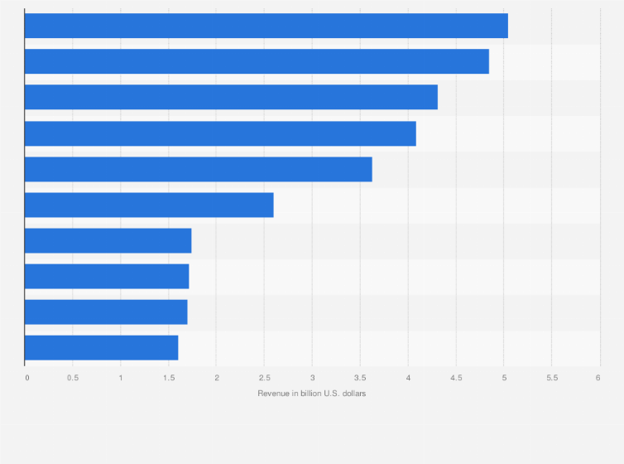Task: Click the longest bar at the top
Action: pos(266,26)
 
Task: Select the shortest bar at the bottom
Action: pos(101,348)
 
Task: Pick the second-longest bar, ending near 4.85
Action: pos(257,61)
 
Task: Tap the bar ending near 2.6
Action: pos(149,205)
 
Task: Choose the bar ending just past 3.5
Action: pos(198,169)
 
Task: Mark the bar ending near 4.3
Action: pos(231,97)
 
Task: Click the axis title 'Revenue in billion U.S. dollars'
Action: pos(312,393)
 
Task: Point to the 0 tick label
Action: pos(27,378)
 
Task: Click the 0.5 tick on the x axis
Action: pos(73,378)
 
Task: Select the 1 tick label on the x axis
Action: pos(121,378)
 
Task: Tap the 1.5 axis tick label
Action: pos(169,378)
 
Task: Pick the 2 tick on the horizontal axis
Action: pos(217,378)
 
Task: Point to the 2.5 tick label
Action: pos(265,378)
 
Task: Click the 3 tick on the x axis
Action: pos(313,378)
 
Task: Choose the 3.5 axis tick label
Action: pos(360,378)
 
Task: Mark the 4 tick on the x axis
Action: pos(408,378)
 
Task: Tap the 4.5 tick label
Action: pos(456,378)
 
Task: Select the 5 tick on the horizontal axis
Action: pos(504,378)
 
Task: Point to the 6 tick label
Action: pos(598,378)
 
